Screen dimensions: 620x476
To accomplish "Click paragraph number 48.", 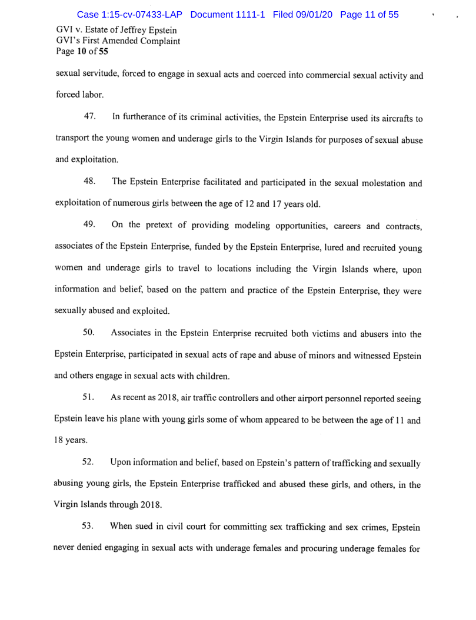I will (90, 182).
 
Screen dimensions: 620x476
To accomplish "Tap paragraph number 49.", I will (90, 225).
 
